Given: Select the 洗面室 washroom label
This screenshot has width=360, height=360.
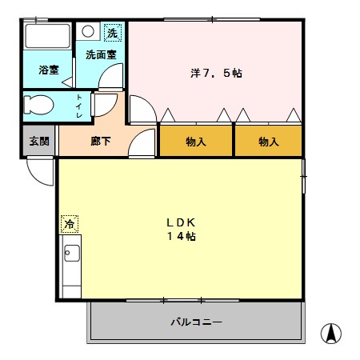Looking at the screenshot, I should pyautogui.click(x=101, y=55).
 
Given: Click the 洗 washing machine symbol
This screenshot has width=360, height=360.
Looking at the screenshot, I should pyautogui.click(x=113, y=33).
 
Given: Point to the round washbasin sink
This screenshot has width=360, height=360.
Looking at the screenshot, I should pyautogui.click(x=89, y=33).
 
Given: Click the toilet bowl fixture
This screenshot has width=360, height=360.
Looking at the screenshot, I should pyautogui.click(x=40, y=105).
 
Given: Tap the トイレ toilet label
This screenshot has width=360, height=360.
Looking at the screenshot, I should pyautogui.click(x=79, y=106).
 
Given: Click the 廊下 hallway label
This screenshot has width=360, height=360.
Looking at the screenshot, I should pyautogui.click(x=101, y=142).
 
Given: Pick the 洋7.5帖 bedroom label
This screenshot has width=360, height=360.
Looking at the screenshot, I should pyautogui.click(x=217, y=73).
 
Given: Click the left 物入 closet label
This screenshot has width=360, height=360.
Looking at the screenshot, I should pyautogui.click(x=196, y=142).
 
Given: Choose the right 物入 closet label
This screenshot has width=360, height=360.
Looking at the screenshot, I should pyautogui.click(x=269, y=142).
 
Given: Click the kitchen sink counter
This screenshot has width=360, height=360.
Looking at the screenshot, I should pyautogui.click(x=70, y=264).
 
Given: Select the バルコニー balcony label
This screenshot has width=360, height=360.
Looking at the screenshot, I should pyautogui.click(x=196, y=322).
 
